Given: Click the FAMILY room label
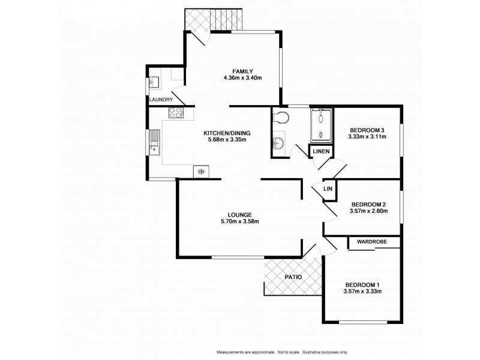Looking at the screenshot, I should click(x=242, y=70).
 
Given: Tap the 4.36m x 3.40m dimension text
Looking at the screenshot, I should click(x=242, y=77).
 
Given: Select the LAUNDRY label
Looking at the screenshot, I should click(x=161, y=100).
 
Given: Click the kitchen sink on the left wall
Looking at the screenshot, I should click(x=155, y=142).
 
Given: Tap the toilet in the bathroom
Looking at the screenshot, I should click(x=281, y=118).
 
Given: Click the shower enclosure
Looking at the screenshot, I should click(x=321, y=125).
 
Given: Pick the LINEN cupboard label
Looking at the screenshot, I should click(x=320, y=151).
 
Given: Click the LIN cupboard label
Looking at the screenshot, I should click(x=328, y=189).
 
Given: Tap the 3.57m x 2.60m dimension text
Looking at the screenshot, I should click(x=369, y=211).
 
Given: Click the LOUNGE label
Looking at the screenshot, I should click(x=239, y=215).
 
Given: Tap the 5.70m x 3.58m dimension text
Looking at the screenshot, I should click(x=239, y=223).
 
